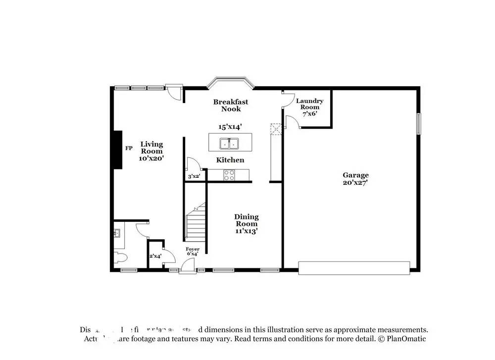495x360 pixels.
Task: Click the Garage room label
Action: [355, 175]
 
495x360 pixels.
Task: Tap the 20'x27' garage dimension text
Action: [355, 182]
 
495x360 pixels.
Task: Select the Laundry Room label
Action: [310, 103]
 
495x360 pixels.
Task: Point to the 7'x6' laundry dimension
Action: [310, 113]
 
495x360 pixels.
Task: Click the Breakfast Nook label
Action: [231, 105]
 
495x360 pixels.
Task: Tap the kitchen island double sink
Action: [230, 144]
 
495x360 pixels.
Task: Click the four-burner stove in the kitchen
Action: [230, 174]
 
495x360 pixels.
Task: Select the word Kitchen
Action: [230, 160]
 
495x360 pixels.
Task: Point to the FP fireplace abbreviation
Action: [129, 148]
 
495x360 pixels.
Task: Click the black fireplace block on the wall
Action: [117, 150]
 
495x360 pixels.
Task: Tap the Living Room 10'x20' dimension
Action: [151, 158]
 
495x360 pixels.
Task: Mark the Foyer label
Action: [192, 249]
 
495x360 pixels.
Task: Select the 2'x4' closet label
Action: [155, 256]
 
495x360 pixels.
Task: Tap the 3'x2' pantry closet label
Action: [193, 176]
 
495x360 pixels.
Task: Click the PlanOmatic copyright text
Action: [401, 339]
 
